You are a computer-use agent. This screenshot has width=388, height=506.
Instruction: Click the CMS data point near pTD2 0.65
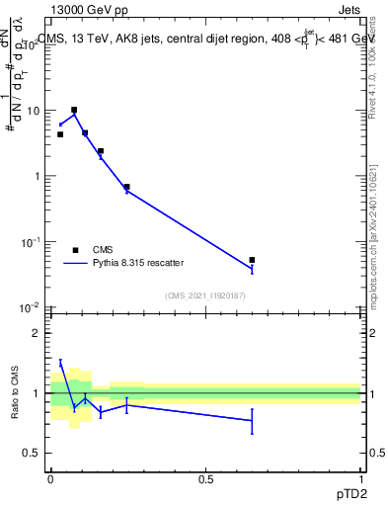[x=252, y=260]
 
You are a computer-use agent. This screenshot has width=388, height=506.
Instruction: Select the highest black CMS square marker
[x=74, y=110]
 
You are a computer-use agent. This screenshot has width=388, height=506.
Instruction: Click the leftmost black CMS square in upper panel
[x=60, y=134]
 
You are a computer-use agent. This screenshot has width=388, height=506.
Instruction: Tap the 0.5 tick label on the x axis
[x=205, y=477]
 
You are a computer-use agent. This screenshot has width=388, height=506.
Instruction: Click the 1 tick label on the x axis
[x=360, y=477]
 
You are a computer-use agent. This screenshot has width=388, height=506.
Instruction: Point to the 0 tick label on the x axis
[x=50, y=477]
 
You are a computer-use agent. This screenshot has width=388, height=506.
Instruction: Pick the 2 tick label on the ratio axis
[x=37, y=333]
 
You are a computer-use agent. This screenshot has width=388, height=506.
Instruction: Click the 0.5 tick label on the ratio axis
[x=33, y=453]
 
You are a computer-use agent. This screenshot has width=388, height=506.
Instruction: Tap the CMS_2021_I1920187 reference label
[x=205, y=295]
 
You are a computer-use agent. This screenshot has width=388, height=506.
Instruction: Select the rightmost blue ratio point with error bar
[x=252, y=420]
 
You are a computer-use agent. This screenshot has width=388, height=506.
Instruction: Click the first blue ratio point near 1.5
[x=60, y=363]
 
